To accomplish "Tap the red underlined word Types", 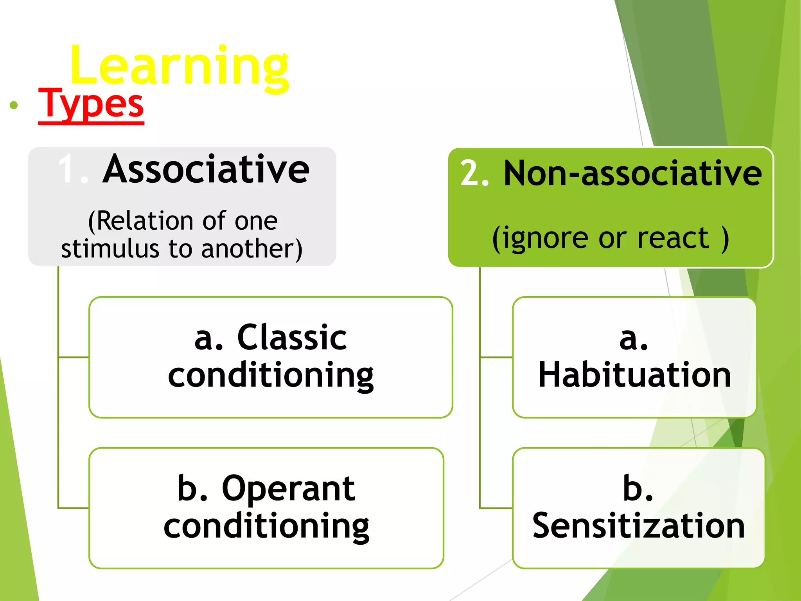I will coord(91,104).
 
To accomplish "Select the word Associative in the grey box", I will coord(206,169).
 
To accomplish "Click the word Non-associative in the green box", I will coord(632,173).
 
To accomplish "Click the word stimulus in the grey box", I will coord(110,249).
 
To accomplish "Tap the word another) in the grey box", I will coord(252,249).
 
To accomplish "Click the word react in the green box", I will coord(673,238).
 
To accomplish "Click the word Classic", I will coord(292,337).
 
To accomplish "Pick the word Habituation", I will coord(634,375).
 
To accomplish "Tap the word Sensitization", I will coord(638,525).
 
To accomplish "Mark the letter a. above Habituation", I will coord(634,338).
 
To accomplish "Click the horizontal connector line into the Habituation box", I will coord(496,357).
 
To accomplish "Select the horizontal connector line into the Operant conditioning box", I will coord(74,508).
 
